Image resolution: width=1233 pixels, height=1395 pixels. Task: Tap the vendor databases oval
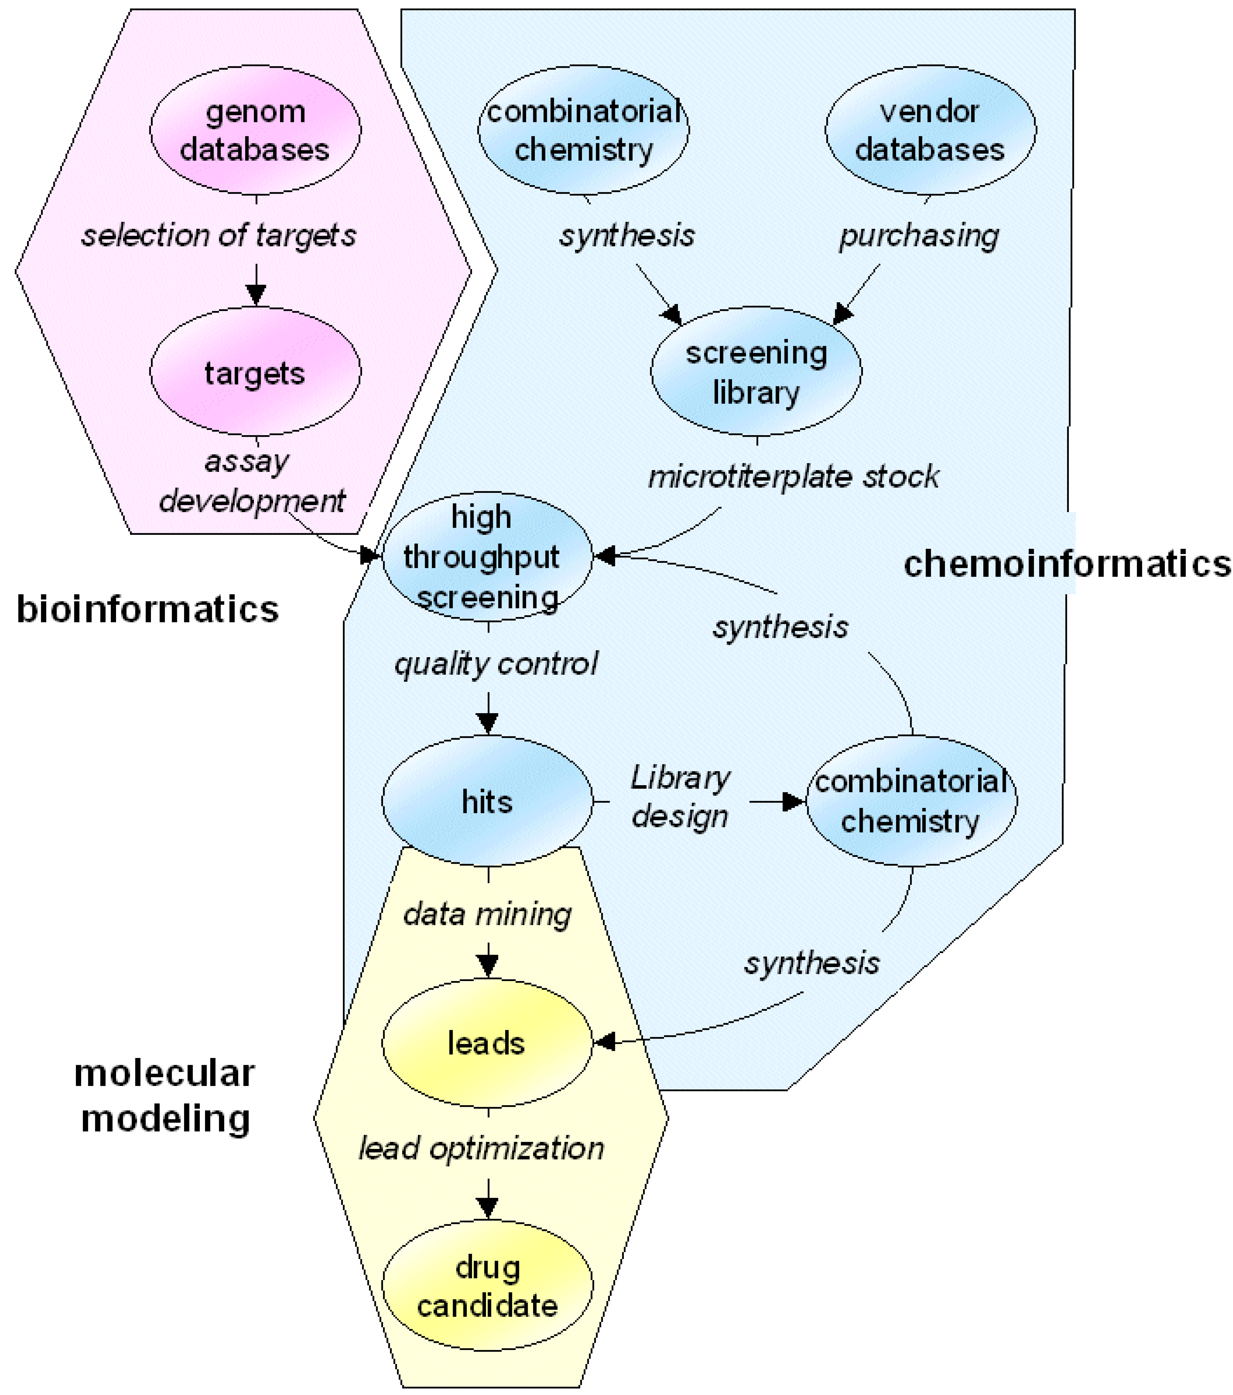coord(930,130)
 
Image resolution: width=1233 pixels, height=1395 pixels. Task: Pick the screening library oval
coord(756,372)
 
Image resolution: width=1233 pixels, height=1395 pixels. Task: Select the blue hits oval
coord(487,800)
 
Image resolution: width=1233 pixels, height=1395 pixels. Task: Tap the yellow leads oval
coord(487,1043)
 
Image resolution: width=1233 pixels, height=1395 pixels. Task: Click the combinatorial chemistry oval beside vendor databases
coord(583,130)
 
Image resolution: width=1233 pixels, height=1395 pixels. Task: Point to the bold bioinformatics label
coord(147,609)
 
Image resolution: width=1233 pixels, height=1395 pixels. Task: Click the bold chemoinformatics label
coord(1066,565)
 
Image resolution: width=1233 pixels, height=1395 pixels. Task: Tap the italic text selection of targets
coord(218,235)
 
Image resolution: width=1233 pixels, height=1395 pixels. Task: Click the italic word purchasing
coord(918,235)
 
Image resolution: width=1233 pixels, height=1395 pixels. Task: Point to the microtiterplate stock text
coord(793,477)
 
